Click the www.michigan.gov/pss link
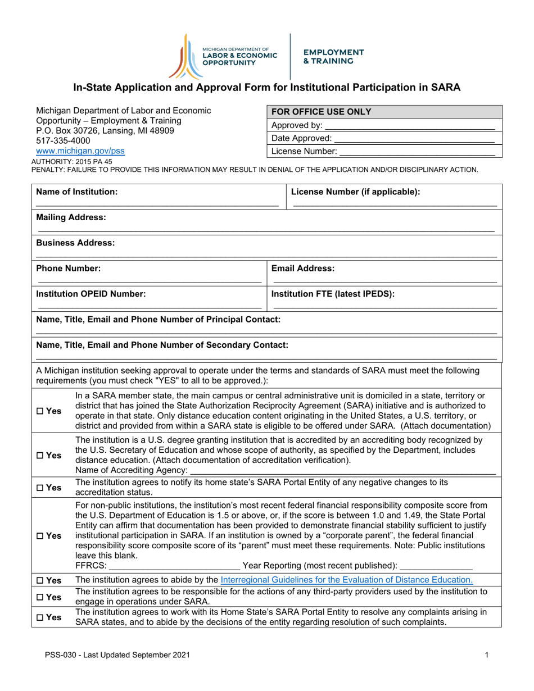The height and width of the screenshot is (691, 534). tap(80, 151)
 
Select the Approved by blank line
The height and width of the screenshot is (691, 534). tap(410, 126)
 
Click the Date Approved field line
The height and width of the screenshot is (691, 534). tap(414, 139)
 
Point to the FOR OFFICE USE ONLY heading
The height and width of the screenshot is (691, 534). tap(322, 112)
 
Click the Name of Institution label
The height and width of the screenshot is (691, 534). tap(77, 192)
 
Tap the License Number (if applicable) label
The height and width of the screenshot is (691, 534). tap(355, 192)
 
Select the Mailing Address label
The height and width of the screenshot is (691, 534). tap(71, 217)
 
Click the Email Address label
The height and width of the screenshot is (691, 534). tap(303, 269)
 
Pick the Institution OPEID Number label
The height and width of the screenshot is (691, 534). tap(91, 294)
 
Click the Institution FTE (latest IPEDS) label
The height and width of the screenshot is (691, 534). tap(333, 294)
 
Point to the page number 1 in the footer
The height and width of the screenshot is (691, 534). tap(486, 654)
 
